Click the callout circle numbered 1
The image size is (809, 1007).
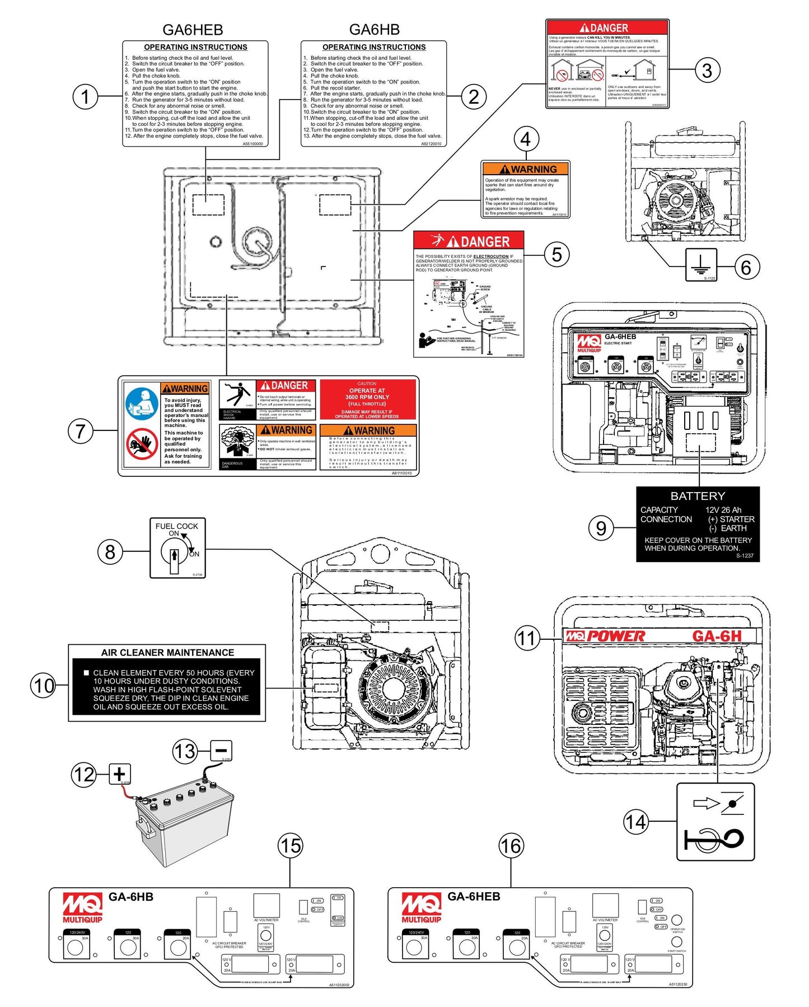coord(85,96)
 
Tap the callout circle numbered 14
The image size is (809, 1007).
coord(636,822)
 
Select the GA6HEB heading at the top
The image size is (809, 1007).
coord(193,29)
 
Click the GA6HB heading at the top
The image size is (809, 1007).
coord(374,29)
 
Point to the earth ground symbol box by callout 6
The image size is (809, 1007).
coord(701,264)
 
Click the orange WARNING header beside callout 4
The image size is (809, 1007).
coord(526,168)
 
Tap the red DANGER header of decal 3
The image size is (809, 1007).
coord(607,27)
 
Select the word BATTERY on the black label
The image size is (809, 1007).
coord(697,496)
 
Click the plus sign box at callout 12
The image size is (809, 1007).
coord(119,774)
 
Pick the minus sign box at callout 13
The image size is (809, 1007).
coord(221,751)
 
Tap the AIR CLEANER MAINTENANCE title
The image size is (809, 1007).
coord(167,652)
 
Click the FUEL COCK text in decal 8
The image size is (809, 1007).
coord(176,526)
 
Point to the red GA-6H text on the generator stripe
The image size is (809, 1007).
coord(717,636)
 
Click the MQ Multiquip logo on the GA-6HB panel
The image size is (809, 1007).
coord(82,907)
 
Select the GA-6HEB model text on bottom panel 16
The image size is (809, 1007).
coord(474,896)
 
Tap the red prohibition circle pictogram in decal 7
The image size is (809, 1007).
coord(142,443)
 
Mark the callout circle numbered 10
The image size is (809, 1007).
coord(44,686)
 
